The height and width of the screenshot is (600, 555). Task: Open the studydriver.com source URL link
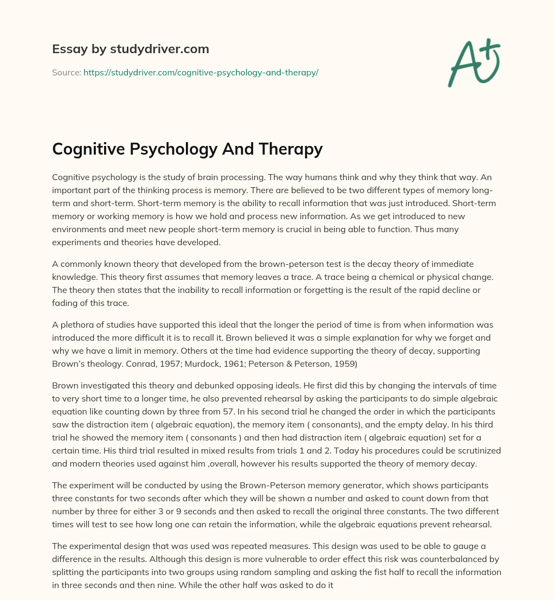pyautogui.click(x=201, y=72)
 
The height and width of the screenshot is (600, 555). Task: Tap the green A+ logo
pyautogui.click(x=473, y=63)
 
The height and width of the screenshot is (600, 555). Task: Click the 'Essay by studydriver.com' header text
pyautogui.click(x=131, y=49)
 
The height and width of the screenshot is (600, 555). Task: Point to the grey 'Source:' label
pyautogui.click(x=66, y=72)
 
